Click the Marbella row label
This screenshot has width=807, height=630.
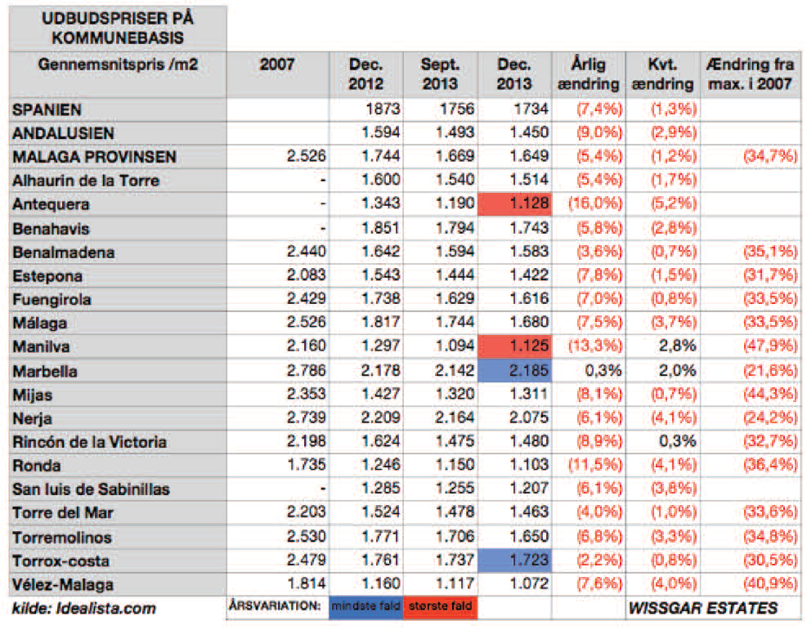(46, 371)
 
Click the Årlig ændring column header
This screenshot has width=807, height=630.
(588, 74)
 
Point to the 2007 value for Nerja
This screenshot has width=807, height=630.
(302, 418)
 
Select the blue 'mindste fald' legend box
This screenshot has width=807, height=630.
(365, 608)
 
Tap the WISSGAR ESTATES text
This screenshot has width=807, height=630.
(702, 608)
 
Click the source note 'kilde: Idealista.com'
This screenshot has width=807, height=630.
(84, 608)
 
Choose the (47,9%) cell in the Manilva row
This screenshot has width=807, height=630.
(759, 347)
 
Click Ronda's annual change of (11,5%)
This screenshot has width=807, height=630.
(588, 466)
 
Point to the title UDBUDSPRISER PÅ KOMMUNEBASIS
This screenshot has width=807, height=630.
(115, 28)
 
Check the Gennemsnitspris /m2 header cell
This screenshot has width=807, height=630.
(118, 65)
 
